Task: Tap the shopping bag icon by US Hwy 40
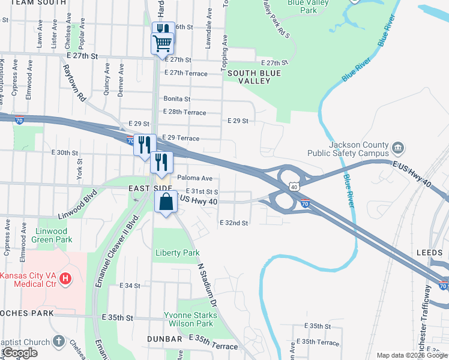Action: (x=166, y=202)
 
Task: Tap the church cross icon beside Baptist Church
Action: (x=58, y=341)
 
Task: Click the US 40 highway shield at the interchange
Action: (x=294, y=187)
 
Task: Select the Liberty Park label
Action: (x=177, y=253)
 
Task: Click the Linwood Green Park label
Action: (x=53, y=235)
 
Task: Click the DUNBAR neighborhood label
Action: (x=164, y=339)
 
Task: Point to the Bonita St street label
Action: (x=176, y=99)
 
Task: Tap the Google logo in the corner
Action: (x=20, y=353)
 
